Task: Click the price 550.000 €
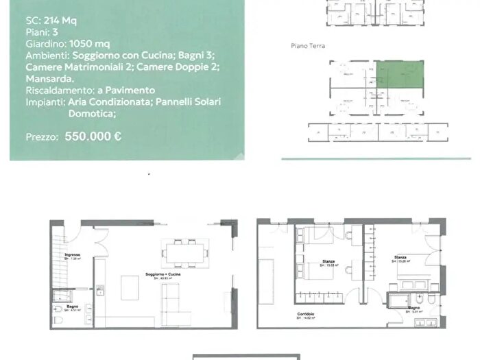93,136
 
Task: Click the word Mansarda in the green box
48,78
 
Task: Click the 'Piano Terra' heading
307,46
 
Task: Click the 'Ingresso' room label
73,255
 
